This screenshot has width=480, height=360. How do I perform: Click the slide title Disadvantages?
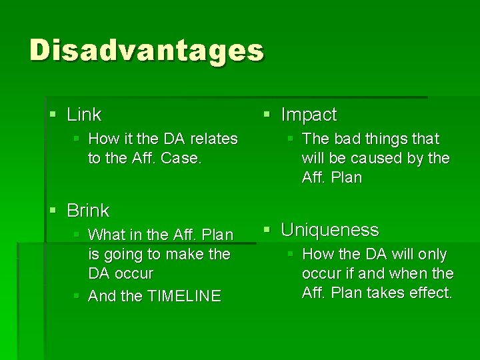147,51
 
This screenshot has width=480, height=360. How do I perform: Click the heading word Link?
84,115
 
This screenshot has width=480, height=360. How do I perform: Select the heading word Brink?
88,211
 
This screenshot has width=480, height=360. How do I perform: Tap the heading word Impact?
309,115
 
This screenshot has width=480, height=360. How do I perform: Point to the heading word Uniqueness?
329,230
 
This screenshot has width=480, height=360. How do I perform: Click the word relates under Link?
213,139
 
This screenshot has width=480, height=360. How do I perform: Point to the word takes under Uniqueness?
384,293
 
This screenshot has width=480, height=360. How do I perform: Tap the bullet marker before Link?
53,115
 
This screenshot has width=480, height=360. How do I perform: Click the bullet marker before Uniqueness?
267,230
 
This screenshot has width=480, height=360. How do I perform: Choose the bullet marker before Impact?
267,115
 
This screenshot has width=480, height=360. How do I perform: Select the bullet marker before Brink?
53,211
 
